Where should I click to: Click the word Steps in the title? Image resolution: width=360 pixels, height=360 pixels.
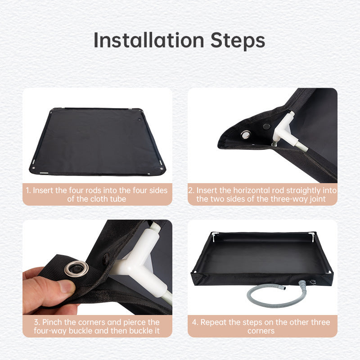238,40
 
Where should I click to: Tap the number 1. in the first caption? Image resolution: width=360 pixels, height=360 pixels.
28,190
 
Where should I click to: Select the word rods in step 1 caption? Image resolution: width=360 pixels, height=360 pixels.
104,190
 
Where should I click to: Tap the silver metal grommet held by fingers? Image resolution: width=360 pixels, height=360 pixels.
74,269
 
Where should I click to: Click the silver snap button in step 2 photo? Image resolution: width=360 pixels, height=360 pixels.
247,134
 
